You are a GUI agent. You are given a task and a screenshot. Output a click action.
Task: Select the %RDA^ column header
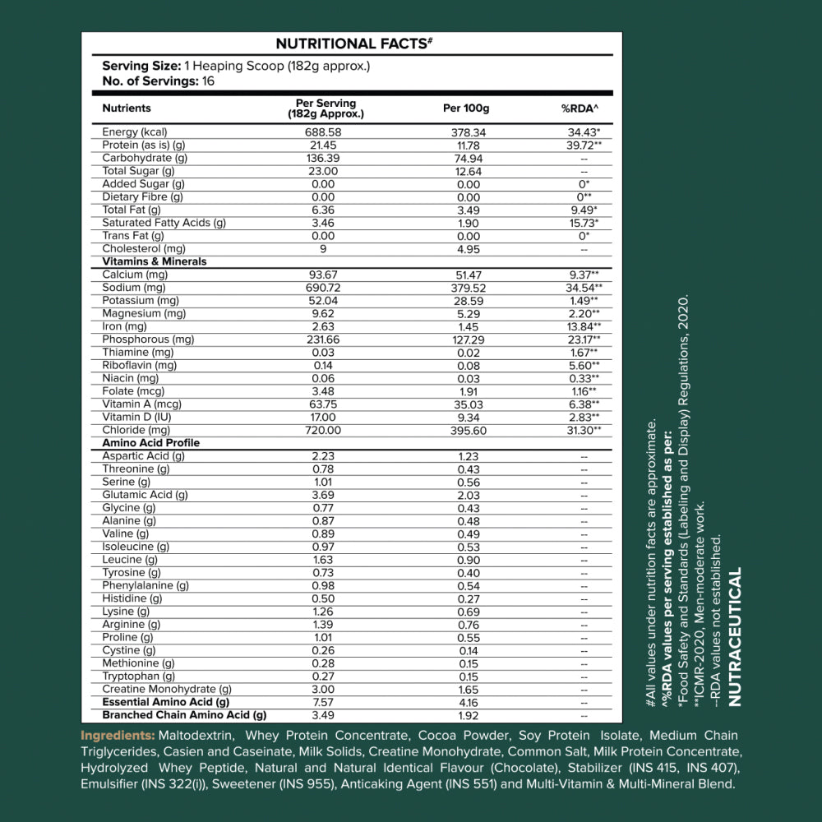click(580, 109)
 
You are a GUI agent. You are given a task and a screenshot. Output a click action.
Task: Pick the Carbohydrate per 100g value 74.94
click(468, 158)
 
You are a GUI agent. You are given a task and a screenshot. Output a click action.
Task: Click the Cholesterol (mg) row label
click(144, 248)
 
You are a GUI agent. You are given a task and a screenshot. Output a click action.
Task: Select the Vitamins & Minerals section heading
click(155, 261)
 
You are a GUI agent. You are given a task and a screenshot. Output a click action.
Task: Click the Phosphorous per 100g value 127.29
click(468, 339)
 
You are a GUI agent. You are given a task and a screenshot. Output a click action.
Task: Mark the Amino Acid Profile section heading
click(151, 443)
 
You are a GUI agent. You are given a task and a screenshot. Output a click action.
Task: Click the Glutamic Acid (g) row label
click(145, 495)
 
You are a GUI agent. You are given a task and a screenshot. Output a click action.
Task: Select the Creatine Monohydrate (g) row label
click(167, 689)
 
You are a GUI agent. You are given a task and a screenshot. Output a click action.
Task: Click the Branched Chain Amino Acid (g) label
click(185, 715)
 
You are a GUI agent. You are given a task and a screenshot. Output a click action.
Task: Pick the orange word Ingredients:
click(118, 735)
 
